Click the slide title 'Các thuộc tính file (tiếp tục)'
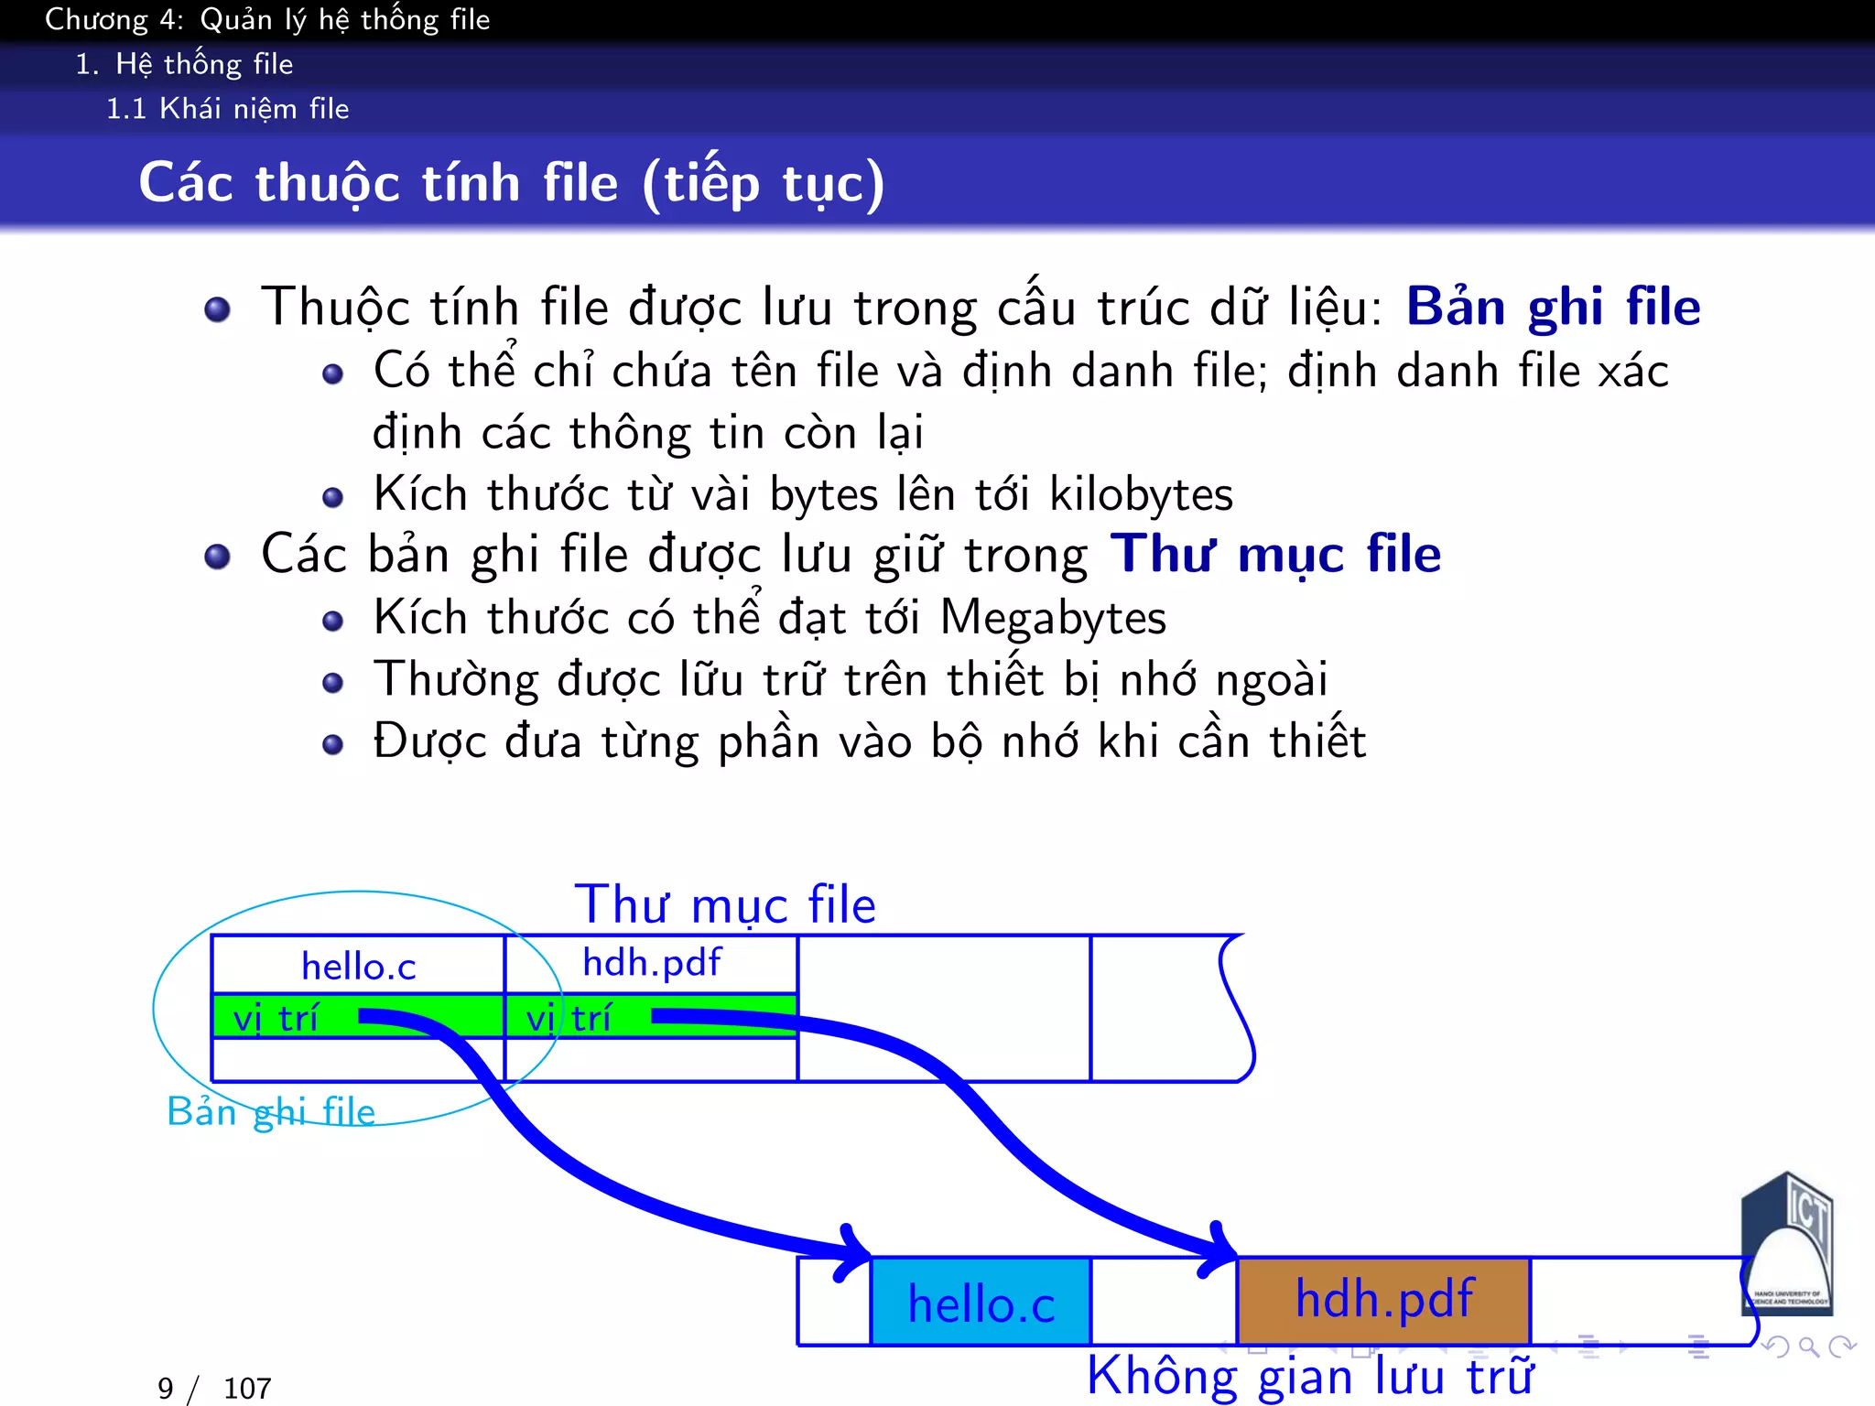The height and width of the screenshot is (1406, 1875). [x=511, y=183]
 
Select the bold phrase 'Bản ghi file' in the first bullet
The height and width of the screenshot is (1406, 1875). [x=1553, y=307]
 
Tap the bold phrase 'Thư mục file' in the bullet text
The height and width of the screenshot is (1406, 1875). [x=1275, y=555]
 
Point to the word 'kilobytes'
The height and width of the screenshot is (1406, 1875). [x=1141, y=495]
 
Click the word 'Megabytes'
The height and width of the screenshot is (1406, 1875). [x=1053, y=619]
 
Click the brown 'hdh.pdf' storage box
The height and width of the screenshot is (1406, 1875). [x=1383, y=1300]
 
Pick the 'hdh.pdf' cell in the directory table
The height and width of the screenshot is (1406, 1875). [x=651, y=964]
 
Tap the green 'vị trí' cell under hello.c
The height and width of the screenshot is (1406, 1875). [x=275, y=1018]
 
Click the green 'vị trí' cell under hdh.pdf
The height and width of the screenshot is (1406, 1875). [x=568, y=1018]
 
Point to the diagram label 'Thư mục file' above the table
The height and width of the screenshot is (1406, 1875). [x=724, y=905]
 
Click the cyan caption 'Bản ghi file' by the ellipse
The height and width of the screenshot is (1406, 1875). [x=271, y=1112]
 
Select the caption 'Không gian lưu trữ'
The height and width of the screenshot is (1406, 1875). [x=1309, y=1376]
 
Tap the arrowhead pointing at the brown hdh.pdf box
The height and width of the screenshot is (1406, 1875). [x=1221, y=1249]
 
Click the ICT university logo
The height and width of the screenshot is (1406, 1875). [x=1788, y=1245]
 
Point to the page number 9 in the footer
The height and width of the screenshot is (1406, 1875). [x=165, y=1389]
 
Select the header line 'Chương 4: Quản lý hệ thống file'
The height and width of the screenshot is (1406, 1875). [x=267, y=19]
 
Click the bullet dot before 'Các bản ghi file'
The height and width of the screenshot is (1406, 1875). [x=217, y=557]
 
